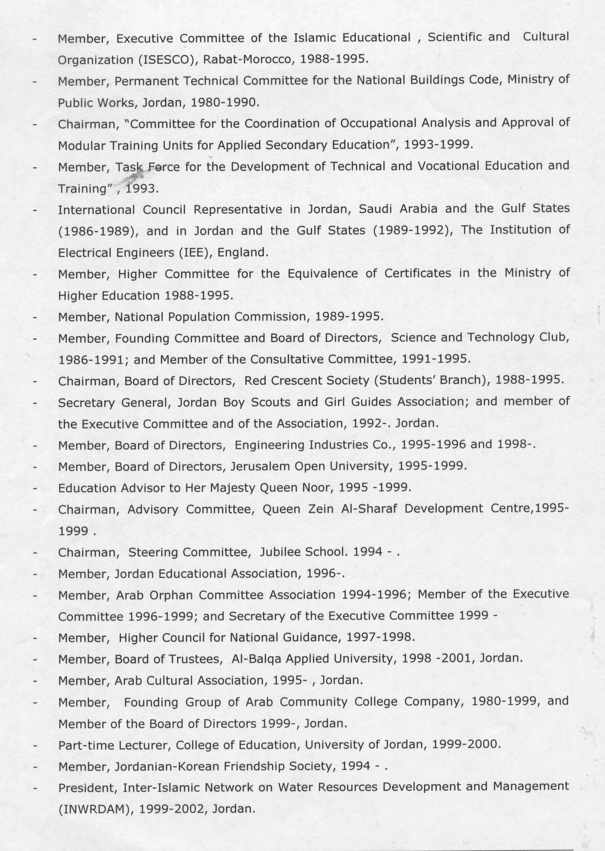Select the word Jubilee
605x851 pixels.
point(280,552)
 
